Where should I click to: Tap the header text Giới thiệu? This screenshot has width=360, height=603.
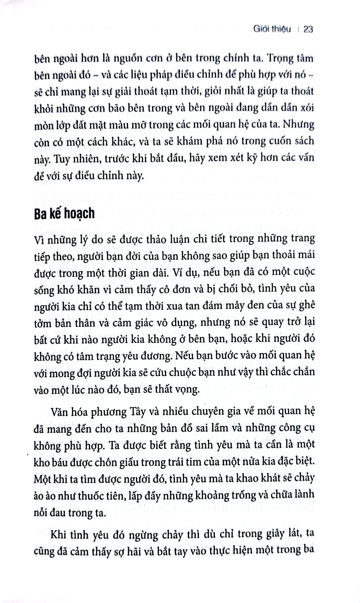pyautogui.click(x=272, y=29)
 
